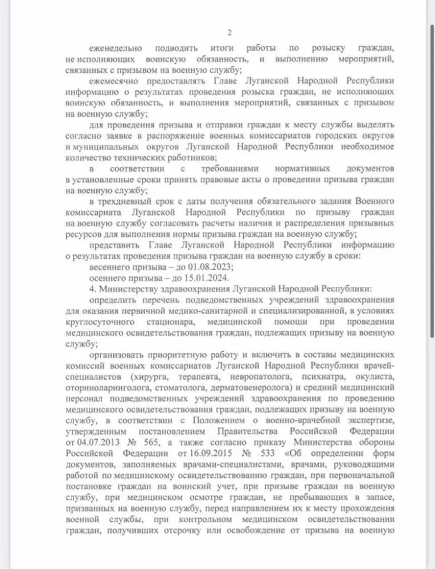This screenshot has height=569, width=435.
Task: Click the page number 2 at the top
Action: point(229,32)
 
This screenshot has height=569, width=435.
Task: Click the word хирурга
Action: point(152,378)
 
